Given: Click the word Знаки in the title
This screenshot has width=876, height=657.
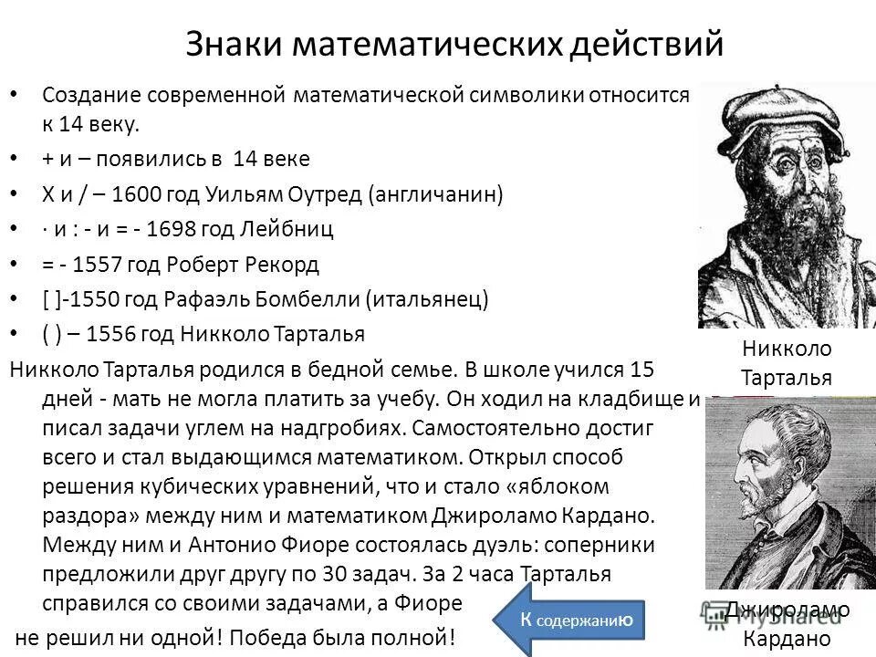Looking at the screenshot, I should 238,45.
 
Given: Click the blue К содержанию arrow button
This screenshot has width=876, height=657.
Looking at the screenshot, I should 569,620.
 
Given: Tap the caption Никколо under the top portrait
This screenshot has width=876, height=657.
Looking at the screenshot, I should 787,349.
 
